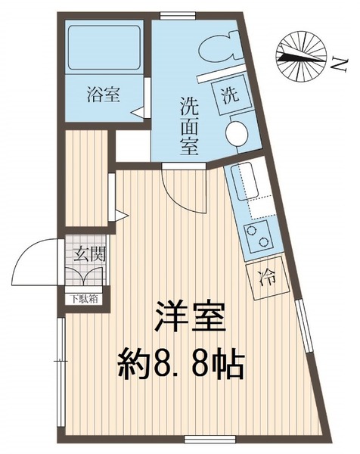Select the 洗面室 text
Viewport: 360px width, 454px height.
[x=190, y=125]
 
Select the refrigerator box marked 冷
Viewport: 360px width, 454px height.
[x=268, y=278]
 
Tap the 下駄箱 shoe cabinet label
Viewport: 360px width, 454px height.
[x=85, y=297]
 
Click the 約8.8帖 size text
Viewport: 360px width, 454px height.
[x=181, y=367]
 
